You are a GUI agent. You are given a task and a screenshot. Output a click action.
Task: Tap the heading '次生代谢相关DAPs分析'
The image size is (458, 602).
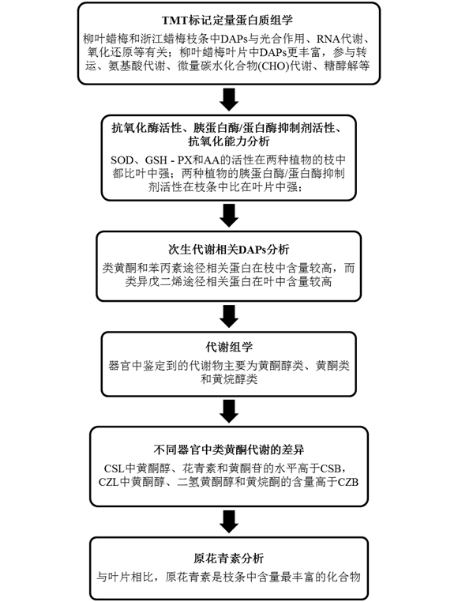229,250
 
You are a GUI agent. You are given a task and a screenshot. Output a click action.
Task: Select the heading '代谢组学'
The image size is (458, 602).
229,347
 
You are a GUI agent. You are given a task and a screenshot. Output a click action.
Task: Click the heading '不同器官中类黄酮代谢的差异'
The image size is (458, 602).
229,450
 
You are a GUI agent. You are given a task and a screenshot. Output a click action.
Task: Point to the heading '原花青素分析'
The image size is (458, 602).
229,559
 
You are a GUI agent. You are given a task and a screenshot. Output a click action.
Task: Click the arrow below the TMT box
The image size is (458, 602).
229,100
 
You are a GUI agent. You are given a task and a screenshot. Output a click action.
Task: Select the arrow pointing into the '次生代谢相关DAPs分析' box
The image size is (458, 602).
229,216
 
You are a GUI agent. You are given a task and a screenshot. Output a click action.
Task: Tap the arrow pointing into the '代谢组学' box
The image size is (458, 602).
229,316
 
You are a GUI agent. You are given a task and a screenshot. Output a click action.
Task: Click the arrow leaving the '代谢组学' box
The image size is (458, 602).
229,411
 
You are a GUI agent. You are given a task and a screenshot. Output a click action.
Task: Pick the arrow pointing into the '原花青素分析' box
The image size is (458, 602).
229,521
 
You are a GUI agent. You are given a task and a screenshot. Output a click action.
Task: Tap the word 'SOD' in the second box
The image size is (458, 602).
122,160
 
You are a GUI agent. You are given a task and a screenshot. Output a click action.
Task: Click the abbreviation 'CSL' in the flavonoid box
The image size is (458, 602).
114,468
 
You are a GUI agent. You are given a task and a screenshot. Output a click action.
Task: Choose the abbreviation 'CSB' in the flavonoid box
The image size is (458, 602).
330,468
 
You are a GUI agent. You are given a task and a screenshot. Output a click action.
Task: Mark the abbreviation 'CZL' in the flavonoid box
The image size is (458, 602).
109,482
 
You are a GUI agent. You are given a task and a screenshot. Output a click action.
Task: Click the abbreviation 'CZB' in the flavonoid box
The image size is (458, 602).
347,482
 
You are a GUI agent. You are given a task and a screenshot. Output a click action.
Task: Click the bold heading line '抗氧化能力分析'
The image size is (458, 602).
229,141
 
